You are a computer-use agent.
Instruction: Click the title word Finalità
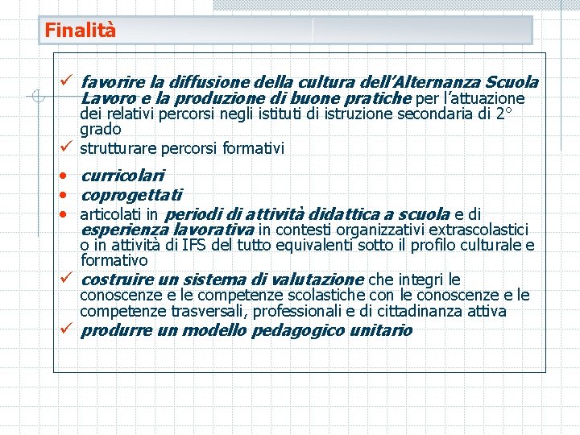point(81,31)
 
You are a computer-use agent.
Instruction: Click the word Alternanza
point(437,81)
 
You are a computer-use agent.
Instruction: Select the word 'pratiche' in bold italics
point(377,98)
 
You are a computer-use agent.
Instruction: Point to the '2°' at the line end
point(503,114)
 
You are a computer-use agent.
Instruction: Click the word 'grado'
point(101,130)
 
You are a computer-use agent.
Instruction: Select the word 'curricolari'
point(122,175)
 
